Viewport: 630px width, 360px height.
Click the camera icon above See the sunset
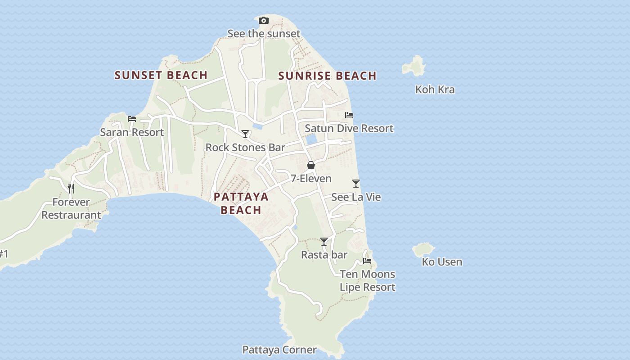point(264,20)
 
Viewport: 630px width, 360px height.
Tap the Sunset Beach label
point(161,75)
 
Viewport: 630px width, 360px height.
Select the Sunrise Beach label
point(327,76)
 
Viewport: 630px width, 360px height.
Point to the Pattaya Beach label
point(241,203)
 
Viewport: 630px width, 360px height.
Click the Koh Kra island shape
point(414,66)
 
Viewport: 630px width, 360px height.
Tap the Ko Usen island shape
point(423,249)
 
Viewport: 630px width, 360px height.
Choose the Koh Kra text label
point(435,90)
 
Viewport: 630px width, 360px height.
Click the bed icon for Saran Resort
point(132,119)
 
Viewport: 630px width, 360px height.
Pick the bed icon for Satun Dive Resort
point(349,115)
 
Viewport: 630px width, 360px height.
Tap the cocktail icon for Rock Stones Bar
point(245,134)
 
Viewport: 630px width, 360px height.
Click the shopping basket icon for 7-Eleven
point(310,165)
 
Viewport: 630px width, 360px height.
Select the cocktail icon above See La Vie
point(356,184)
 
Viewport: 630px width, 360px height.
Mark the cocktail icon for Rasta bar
point(324,242)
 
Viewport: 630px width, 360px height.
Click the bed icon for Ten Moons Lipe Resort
point(367,261)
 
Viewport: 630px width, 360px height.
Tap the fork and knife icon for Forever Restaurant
point(71,188)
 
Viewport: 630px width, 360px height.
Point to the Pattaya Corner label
point(279,350)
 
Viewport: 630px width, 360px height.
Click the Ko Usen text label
point(442,262)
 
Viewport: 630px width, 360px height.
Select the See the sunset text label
point(264,34)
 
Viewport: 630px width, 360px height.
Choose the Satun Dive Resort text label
point(349,128)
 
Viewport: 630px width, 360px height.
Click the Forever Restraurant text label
point(71,208)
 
